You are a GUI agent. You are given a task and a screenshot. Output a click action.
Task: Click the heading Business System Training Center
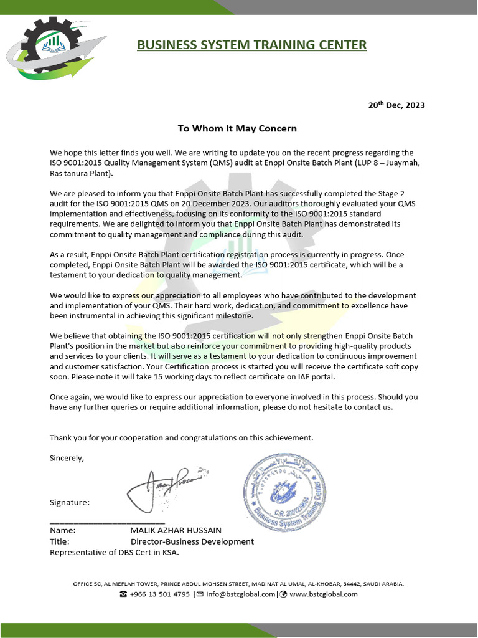pos(251,45)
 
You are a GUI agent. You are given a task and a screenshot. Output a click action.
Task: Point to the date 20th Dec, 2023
pos(396,105)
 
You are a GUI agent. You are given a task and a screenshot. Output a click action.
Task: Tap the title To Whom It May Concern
pos(237,128)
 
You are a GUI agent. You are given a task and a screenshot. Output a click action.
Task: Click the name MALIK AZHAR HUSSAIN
pos(176,530)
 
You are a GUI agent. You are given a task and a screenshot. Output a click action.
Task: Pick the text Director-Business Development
pos(192,541)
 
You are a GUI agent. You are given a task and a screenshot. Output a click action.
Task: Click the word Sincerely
pos(67,458)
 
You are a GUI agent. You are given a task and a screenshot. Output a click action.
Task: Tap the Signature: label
pos(70,502)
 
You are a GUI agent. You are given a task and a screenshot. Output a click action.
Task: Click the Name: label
pos(62,530)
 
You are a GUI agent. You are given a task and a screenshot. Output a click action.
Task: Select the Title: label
pos(60,541)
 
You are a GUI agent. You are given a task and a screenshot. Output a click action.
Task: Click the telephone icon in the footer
pos(123,594)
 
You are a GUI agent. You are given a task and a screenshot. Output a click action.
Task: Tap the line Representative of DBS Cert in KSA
pos(115,552)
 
